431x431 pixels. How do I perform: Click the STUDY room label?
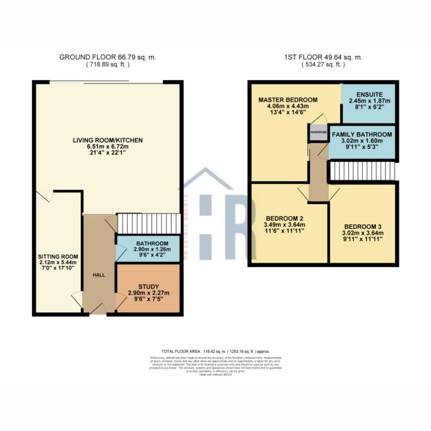tap(148, 286)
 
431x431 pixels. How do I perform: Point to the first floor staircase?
tap(362, 171)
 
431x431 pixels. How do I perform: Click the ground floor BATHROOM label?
tap(152, 243)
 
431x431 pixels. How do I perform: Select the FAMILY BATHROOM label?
tap(362, 134)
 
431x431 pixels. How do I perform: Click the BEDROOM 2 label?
tap(285, 218)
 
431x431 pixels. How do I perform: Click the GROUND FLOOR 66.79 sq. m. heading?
tap(107, 57)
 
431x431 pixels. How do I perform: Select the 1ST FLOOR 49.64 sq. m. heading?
tap(323, 57)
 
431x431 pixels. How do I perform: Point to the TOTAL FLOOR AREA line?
tap(215, 352)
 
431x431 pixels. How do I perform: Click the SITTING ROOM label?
tap(58, 256)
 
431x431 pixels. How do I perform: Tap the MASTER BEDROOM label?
tap(288, 99)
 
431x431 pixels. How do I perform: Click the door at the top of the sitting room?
tap(45, 196)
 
